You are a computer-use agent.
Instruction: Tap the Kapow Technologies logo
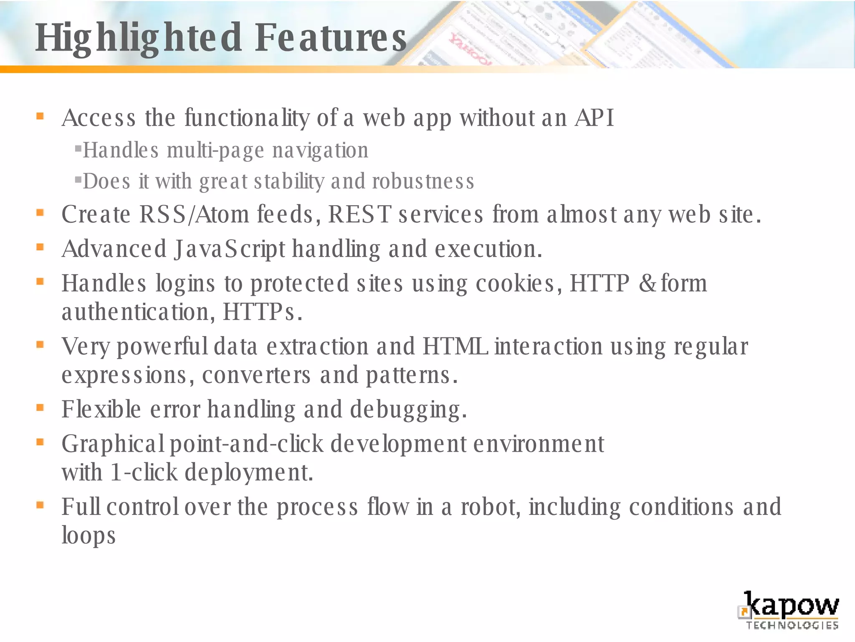[789, 610]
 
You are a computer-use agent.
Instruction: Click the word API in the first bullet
[594, 118]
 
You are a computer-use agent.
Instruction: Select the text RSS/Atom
[194, 214]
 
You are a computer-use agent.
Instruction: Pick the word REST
[359, 214]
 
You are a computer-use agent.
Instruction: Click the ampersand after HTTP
[647, 283]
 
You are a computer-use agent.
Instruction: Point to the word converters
[256, 375]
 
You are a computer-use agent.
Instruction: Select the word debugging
[408, 409]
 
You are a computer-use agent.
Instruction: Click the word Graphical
[113, 444]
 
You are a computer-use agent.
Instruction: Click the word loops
[89, 535]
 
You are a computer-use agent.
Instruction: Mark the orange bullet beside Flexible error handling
[40, 408]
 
